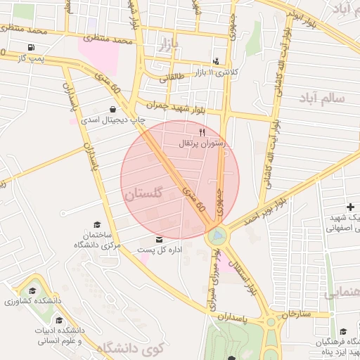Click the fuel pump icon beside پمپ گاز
coord(31,48)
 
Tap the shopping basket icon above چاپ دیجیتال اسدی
coord(113,109)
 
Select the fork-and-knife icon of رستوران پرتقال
coord(202,132)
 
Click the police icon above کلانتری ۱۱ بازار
coord(215,61)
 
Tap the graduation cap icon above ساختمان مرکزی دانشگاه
coord(97,224)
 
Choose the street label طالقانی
coord(172,78)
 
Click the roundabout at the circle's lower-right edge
coord(217,235)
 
